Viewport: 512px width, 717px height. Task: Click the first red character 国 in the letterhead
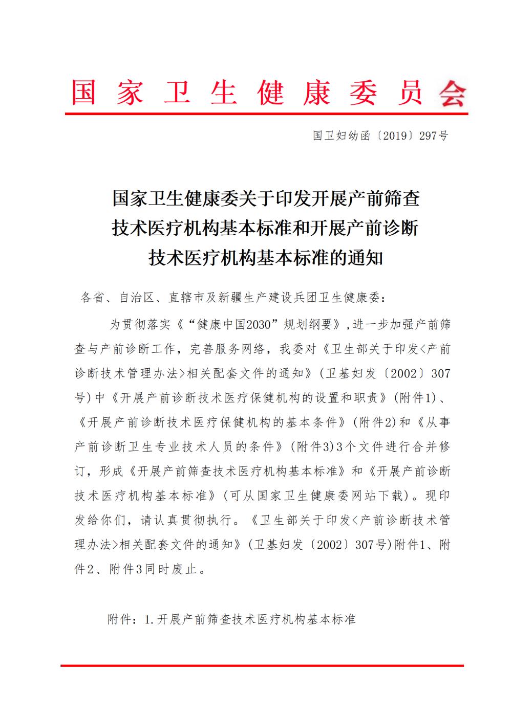[x=83, y=92]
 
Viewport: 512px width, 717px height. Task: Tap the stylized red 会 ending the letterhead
[x=453, y=93]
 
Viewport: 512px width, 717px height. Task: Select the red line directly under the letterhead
[x=266, y=114]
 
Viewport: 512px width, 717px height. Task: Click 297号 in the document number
[x=434, y=136]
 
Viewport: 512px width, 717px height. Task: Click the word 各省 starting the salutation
[x=93, y=298]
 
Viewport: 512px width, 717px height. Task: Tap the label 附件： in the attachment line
[x=123, y=619]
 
